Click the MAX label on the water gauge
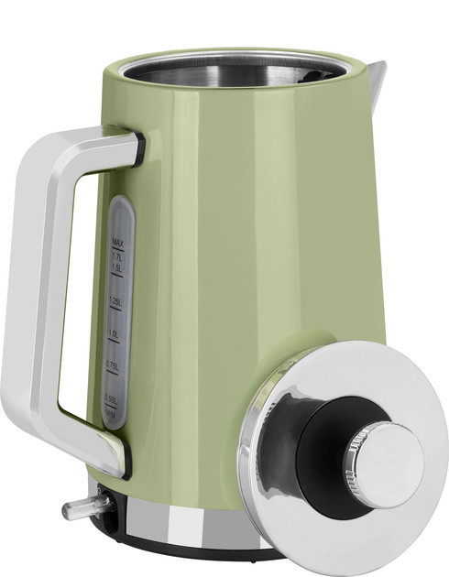tap(117, 242)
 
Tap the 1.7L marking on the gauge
tap(117, 256)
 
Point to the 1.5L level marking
tap(117, 268)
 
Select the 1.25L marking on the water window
tap(115, 301)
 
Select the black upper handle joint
tap(137, 148)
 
